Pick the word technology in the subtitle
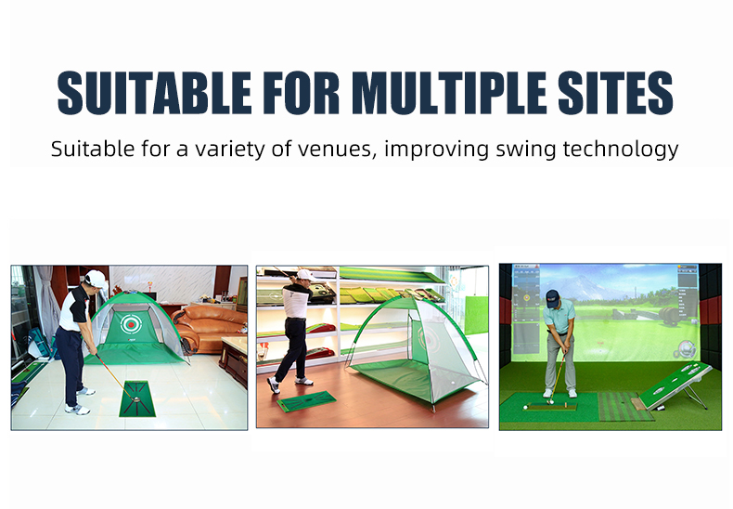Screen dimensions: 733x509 point(621,150)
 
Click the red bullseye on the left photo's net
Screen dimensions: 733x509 point(132,324)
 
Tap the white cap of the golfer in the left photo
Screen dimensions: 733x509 point(96,279)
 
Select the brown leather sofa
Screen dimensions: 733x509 point(209,329)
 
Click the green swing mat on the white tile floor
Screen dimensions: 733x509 point(137,398)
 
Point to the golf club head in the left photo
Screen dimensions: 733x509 point(135,399)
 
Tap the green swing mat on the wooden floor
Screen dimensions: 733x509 point(307,401)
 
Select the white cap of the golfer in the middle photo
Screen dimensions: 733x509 point(306,275)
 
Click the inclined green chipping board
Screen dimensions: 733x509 point(675,385)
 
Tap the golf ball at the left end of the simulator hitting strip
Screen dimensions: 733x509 point(525,407)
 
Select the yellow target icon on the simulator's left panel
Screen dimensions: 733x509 point(527,297)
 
